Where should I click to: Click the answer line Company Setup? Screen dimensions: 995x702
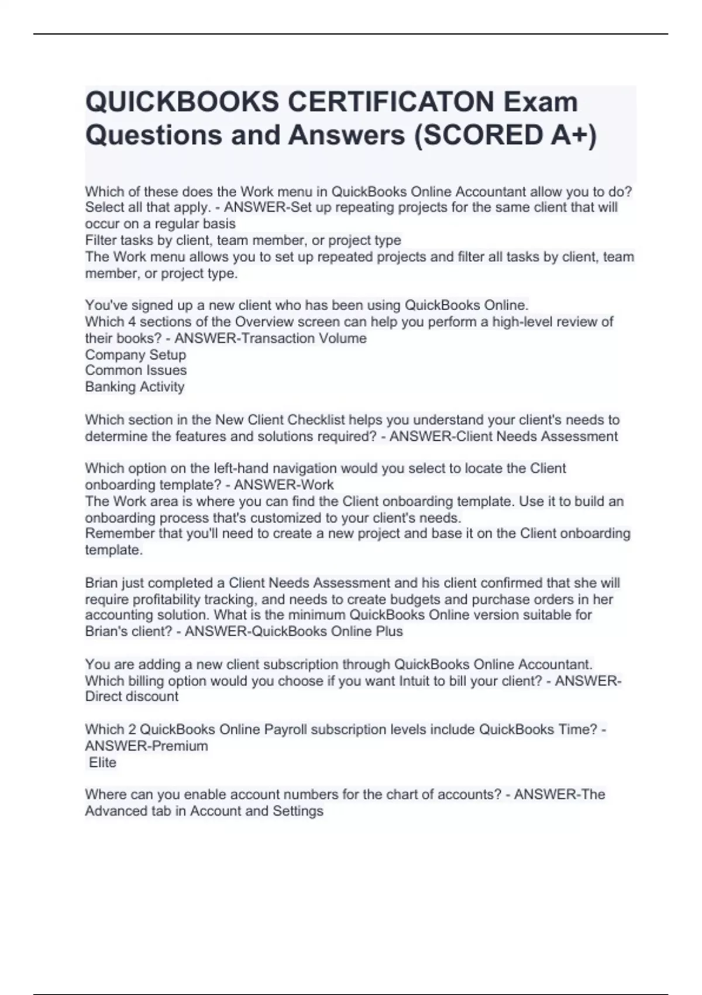pos(135,355)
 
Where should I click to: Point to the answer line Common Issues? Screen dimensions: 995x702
pos(136,370)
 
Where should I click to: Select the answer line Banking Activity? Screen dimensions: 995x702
pos(135,387)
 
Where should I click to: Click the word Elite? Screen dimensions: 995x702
pos(102,763)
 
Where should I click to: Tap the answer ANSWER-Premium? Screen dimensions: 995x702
pos(146,746)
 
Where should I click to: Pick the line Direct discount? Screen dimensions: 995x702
pos(132,696)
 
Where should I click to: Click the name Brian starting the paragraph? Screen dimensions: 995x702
pos(101,583)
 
